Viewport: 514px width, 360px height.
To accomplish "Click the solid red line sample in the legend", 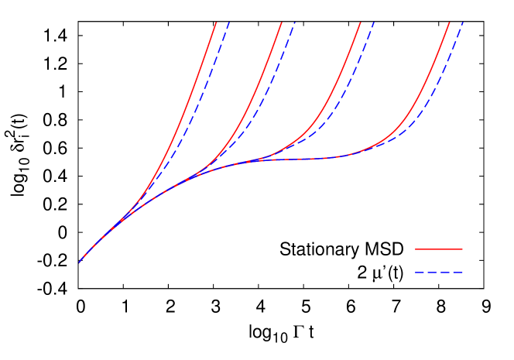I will click(x=439, y=249).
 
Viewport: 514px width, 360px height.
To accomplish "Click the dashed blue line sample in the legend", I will click(x=439, y=273).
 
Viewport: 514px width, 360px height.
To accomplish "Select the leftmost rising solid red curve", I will click(x=186, y=108).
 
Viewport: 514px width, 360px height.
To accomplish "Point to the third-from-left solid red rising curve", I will click(x=341, y=85).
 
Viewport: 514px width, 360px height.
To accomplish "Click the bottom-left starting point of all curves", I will click(x=80, y=262).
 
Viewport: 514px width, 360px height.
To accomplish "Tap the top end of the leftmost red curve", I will click(x=216, y=23).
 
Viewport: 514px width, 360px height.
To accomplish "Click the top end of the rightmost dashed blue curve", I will click(x=463, y=23).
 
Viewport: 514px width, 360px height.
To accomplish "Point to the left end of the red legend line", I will click(x=416, y=249).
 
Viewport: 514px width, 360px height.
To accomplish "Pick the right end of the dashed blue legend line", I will click(x=463, y=273).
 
